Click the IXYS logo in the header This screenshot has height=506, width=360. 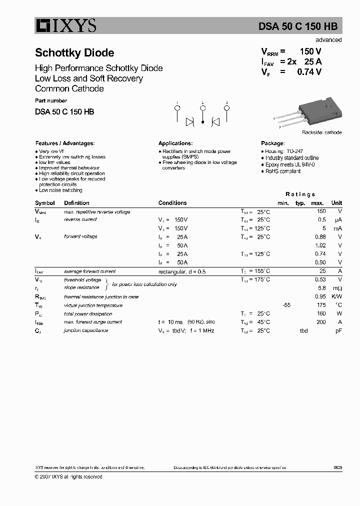pyautogui.click(x=65, y=26)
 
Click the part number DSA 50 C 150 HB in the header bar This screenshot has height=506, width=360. pyautogui.click(x=304, y=27)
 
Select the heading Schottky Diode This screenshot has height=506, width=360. pyautogui.click(x=74, y=53)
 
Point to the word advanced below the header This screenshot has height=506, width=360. pyautogui.click(x=328, y=40)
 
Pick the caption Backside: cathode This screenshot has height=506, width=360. pyautogui.click(x=321, y=132)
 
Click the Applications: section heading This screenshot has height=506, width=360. pyautogui.click(x=175, y=143)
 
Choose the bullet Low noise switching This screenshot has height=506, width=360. pyautogui.click(x=60, y=190)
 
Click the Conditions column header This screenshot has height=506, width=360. pyautogui.click(x=172, y=203)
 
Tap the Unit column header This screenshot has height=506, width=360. pyautogui.click(x=336, y=203)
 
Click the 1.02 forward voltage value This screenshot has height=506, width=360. pyautogui.click(x=320, y=245)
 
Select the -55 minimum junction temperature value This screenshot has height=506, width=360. pyautogui.click(x=286, y=305)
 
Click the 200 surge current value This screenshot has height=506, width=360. pyautogui.click(x=321, y=322)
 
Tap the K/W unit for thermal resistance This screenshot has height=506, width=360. pyautogui.click(x=336, y=296)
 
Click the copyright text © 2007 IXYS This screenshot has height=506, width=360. pyautogui.click(x=68, y=476)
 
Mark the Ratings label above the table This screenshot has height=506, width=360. pyautogui.click(x=300, y=194)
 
